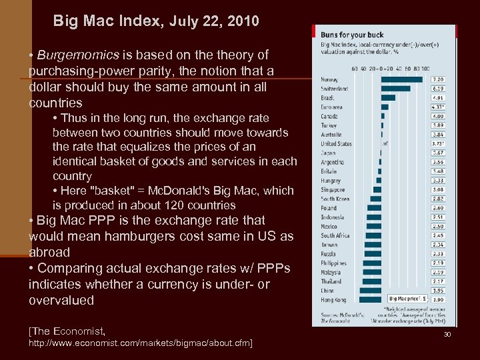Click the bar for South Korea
[x=377, y=199]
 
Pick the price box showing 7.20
[x=439, y=79]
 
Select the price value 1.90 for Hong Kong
[x=439, y=299]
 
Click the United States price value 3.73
[x=439, y=143]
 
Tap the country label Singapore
[x=333, y=189]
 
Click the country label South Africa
[x=335, y=235]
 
